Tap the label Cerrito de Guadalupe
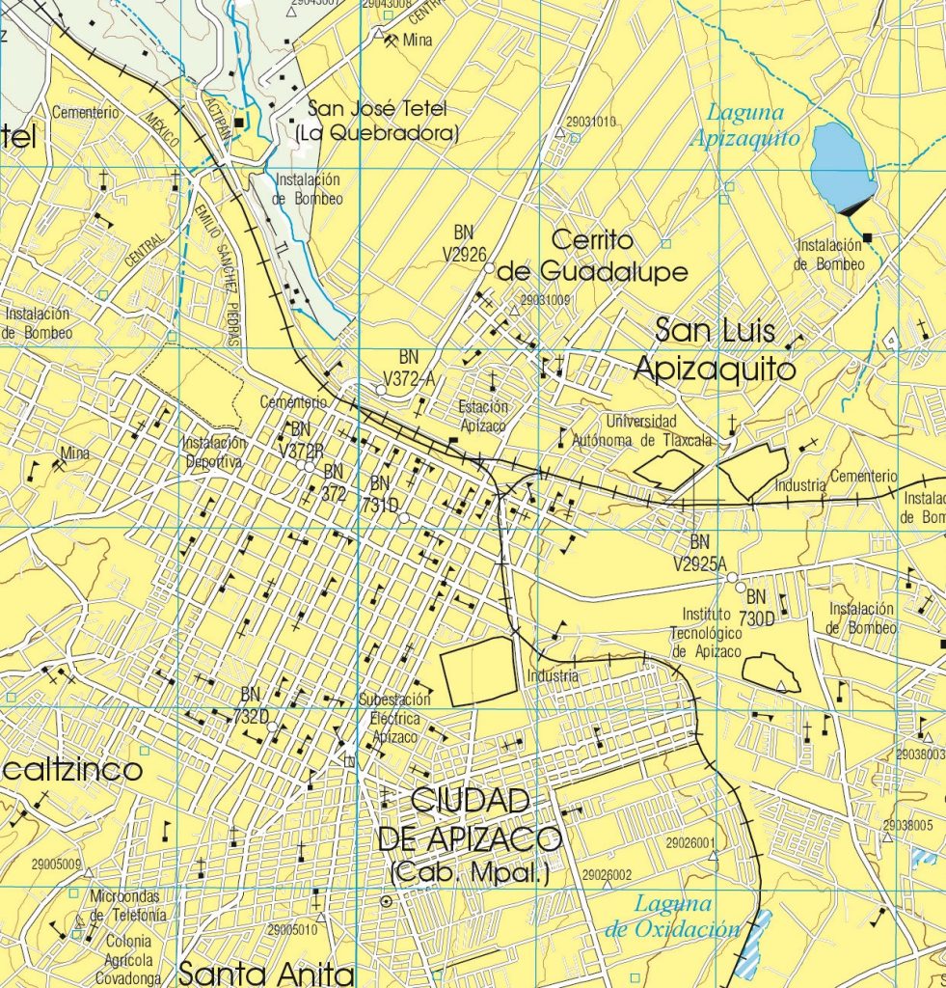pos(592,256)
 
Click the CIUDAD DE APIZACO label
pos(470,819)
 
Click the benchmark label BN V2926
pos(472,242)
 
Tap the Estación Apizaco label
pos(483,416)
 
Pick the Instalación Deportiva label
pos(214,452)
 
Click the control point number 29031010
pos(591,122)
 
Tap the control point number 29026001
pos(690,843)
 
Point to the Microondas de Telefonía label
pos(128,906)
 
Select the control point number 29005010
pos(292,930)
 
